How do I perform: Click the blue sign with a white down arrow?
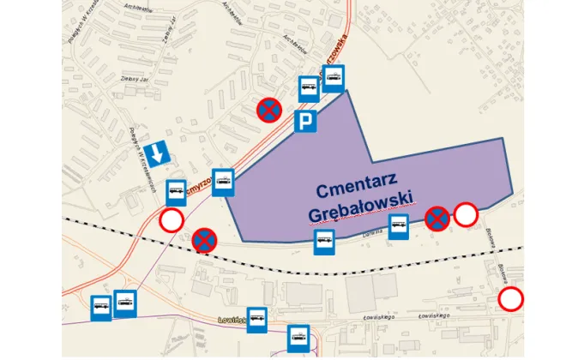[x=157, y=154]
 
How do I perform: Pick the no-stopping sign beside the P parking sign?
[x=269, y=110]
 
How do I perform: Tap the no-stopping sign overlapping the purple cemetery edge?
[x=437, y=219]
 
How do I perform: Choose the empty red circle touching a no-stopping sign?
[x=466, y=215]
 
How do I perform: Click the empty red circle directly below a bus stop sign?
[x=172, y=221]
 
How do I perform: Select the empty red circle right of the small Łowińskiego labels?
[x=511, y=300]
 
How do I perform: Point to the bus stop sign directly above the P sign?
[x=309, y=89]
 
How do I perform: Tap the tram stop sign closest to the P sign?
[x=333, y=78]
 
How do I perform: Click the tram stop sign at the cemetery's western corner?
[x=223, y=182]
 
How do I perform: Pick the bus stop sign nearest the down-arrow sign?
[x=177, y=192]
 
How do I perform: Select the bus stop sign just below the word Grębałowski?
[x=324, y=243]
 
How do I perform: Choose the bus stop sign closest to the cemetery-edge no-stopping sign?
[x=398, y=227]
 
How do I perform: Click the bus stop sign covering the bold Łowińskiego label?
[x=257, y=320]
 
